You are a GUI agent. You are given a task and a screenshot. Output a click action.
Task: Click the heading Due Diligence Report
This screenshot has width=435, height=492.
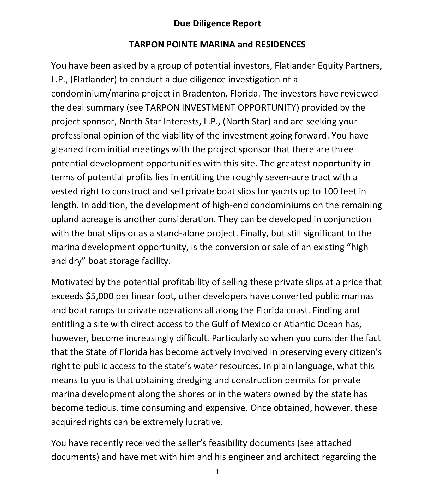[217, 23]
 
